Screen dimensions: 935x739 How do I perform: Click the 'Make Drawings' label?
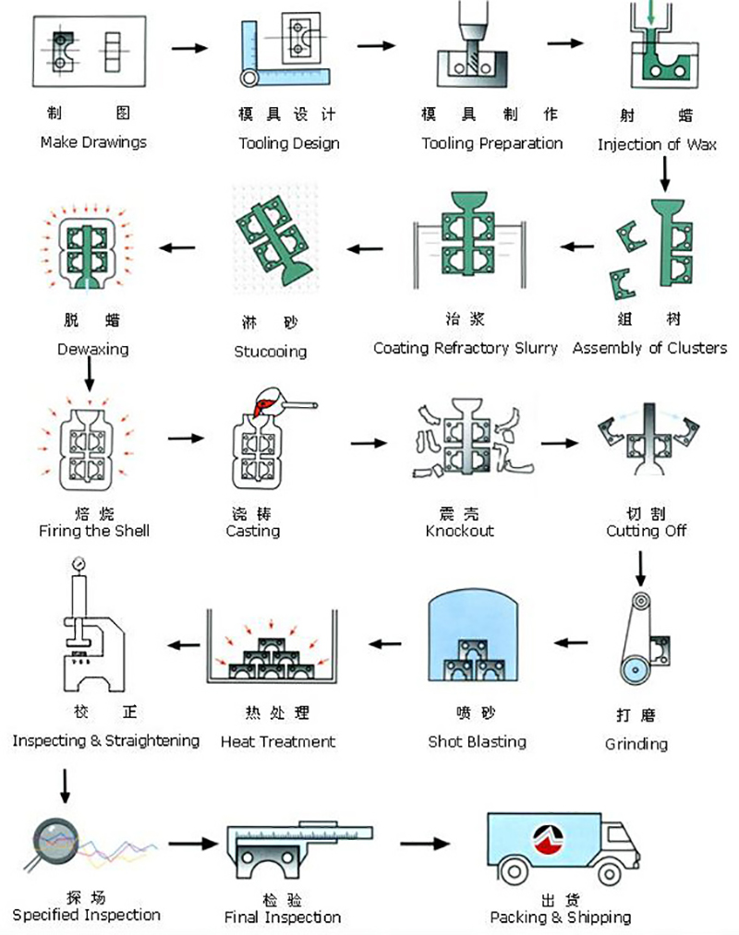pyautogui.click(x=93, y=142)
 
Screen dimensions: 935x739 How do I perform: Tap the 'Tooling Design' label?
pyautogui.click(x=289, y=143)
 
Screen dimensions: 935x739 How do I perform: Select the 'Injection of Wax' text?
pyautogui.click(x=657, y=144)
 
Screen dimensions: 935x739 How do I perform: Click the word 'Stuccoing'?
pyautogui.click(x=271, y=352)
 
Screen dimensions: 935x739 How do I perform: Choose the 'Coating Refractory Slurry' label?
pyautogui.click(x=466, y=348)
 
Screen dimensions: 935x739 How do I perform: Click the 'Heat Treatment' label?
pyautogui.click(x=278, y=741)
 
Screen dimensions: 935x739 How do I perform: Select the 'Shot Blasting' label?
pyautogui.click(x=477, y=741)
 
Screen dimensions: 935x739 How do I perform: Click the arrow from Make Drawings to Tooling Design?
pyautogui.click(x=190, y=47)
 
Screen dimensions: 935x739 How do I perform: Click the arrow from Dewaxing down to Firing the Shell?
pyautogui.click(x=90, y=373)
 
